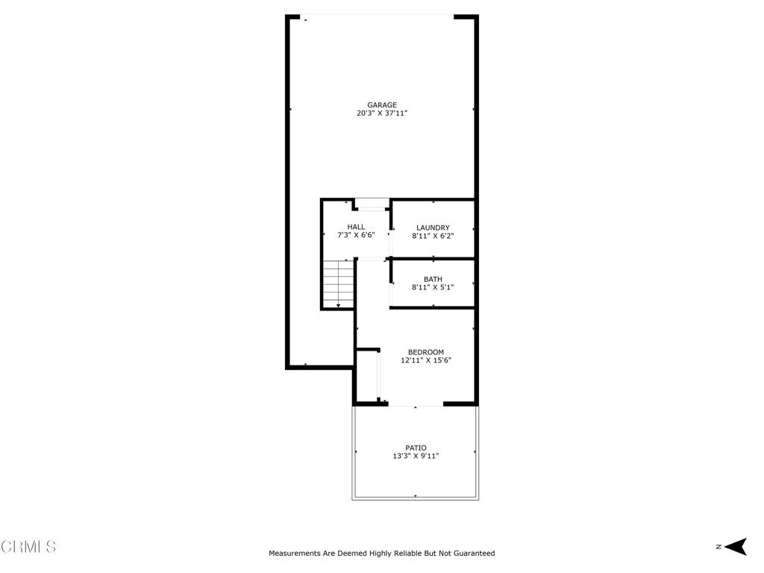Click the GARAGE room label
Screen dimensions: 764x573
point(382,104)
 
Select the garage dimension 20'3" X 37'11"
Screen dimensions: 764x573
point(382,113)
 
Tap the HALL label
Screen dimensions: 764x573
point(356,227)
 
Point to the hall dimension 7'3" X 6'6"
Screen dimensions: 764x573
point(356,235)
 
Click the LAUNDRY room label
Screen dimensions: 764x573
point(433,228)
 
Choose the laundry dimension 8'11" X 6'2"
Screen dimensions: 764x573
point(433,236)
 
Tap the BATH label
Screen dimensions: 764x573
point(433,279)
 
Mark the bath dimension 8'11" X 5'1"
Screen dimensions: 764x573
point(433,287)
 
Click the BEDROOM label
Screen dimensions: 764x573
point(426,352)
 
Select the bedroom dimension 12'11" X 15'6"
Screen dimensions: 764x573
point(426,360)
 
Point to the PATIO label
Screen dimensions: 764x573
point(416,448)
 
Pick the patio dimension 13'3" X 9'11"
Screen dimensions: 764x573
point(416,456)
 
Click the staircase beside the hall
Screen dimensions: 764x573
point(338,284)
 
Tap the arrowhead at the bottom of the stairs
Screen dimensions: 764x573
point(338,305)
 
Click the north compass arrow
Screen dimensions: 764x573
point(736,547)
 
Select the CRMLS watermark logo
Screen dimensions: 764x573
point(28,546)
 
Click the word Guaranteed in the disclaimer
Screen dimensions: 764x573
point(474,553)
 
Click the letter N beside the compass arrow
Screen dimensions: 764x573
point(718,547)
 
